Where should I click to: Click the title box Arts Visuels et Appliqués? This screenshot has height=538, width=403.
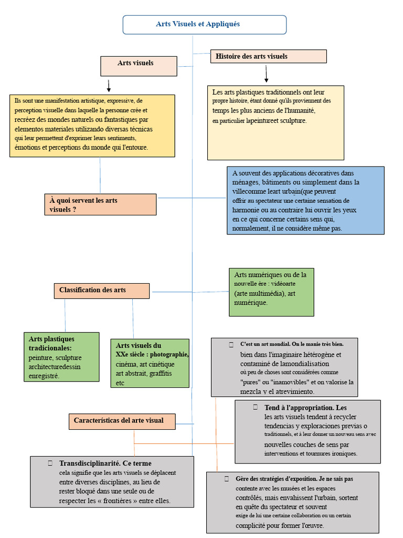pos(205,25)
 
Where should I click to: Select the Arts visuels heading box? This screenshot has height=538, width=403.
pos(139,66)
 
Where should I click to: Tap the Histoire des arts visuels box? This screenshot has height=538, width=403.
pos(268,56)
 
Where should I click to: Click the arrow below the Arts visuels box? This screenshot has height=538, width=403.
pos(109,86)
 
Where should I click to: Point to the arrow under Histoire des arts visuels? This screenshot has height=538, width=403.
pos(266,74)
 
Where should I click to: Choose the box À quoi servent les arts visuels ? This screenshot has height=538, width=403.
pos(100,204)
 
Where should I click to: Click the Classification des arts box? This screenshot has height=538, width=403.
pos(102,291)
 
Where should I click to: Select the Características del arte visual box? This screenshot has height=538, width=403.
pos(122,422)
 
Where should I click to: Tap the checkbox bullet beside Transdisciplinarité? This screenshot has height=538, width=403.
pos(50,463)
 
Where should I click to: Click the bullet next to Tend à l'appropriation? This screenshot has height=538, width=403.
pos(256,407)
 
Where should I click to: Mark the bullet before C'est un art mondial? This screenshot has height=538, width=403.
pos(231,345)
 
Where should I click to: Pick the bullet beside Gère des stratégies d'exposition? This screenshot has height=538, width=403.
pos(227,479)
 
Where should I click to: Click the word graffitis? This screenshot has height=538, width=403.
pos(161,374)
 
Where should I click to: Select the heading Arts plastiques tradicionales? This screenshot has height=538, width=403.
pos(52,344)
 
